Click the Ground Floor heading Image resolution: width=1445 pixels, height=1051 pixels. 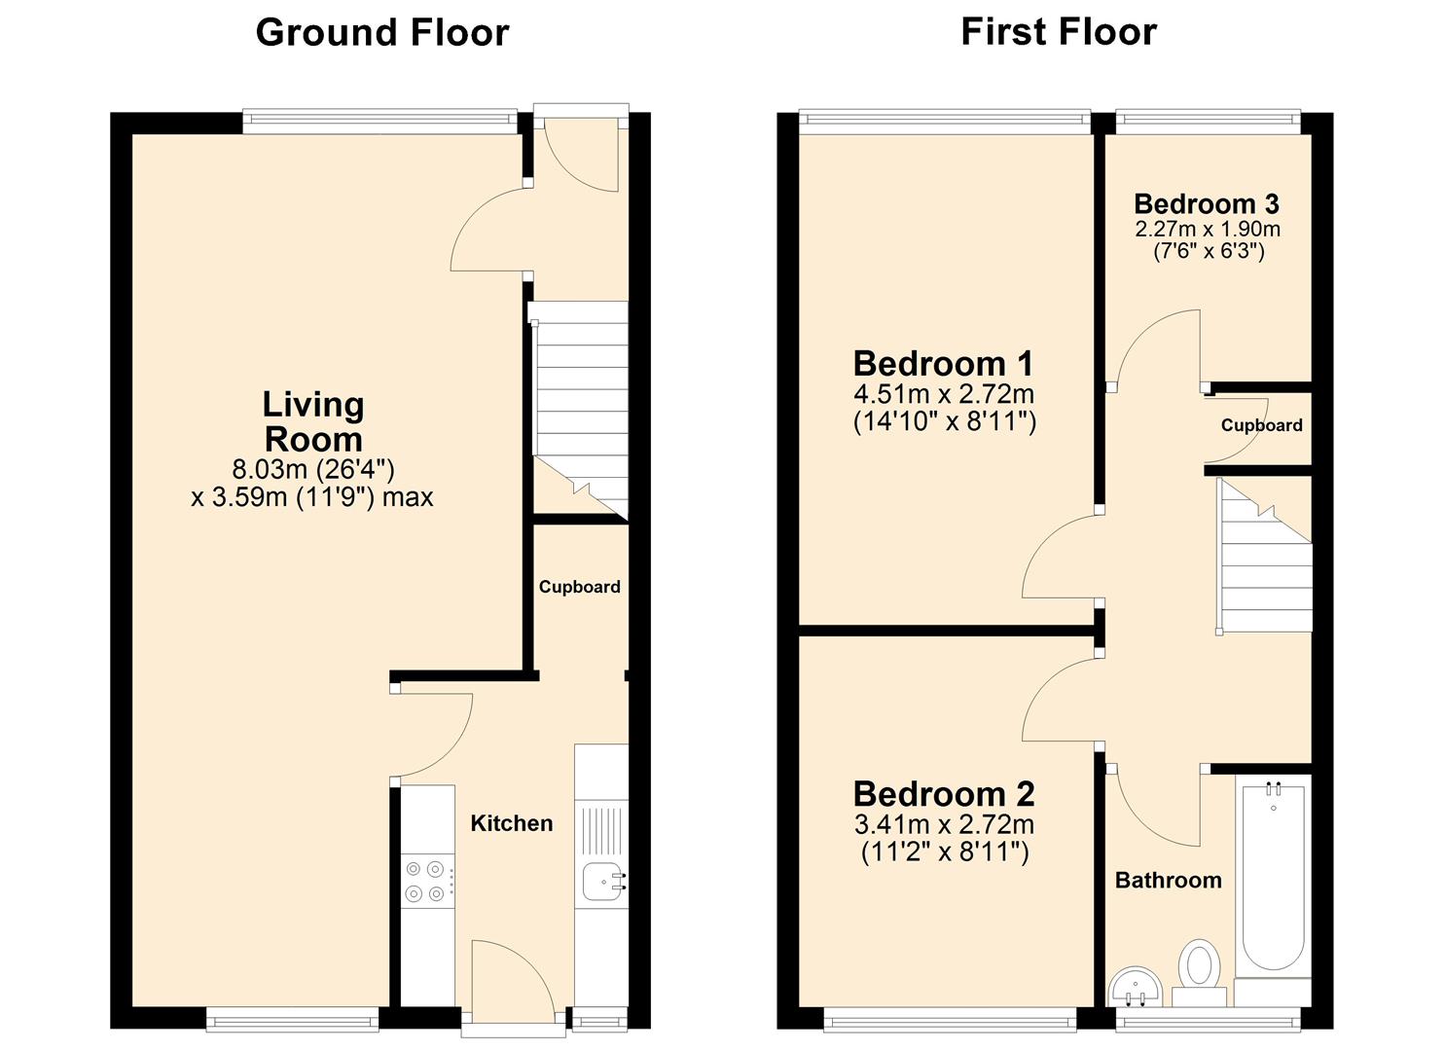tap(381, 32)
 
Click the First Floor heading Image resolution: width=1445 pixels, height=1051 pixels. tap(1058, 31)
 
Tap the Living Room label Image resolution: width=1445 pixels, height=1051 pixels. tap(313, 421)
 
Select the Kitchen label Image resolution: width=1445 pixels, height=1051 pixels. tap(511, 823)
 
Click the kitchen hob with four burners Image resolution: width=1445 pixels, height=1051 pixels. tap(424, 881)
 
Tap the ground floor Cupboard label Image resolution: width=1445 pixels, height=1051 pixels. tap(579, 587)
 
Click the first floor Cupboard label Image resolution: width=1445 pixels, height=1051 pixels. tap(1261, 425)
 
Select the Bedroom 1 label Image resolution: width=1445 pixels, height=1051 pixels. tap(943, 363)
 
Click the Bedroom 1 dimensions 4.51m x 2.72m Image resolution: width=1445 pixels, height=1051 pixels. tap(943, 394)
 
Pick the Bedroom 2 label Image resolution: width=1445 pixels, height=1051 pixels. tap(943, 794)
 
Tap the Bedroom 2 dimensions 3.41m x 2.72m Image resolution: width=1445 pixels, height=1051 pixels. tap(943, 825)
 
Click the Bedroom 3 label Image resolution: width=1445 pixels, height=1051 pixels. tap(1206, 203)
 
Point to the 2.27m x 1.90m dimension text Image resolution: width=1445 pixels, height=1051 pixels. tap(1207, 230)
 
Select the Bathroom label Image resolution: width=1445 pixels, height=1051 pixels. tap(1168, 881)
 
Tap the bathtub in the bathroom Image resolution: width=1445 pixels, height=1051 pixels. tap(1273, 876)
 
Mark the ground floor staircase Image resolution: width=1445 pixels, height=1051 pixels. tap(580, 409)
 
